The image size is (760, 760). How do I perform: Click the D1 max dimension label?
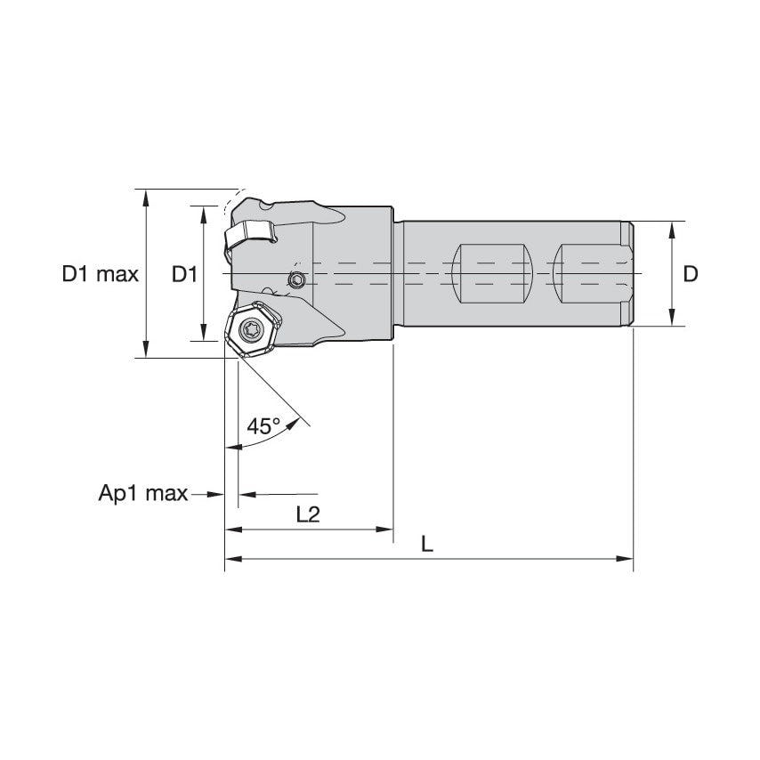click(100, 274)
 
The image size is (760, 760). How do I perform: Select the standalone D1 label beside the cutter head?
click(183, 274)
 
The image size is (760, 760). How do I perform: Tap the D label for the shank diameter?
click(691, 274)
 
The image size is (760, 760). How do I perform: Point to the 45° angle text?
click(263, 426)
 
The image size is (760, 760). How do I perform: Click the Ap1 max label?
click(142, 494)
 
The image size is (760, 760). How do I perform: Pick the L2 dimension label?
click(307, 513)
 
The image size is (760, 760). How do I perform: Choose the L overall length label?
click(427, 544)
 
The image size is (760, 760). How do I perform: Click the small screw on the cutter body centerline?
click(297, 280)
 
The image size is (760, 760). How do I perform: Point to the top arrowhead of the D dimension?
click(671, 228)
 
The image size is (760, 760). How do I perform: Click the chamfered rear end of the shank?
click(627, 273)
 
